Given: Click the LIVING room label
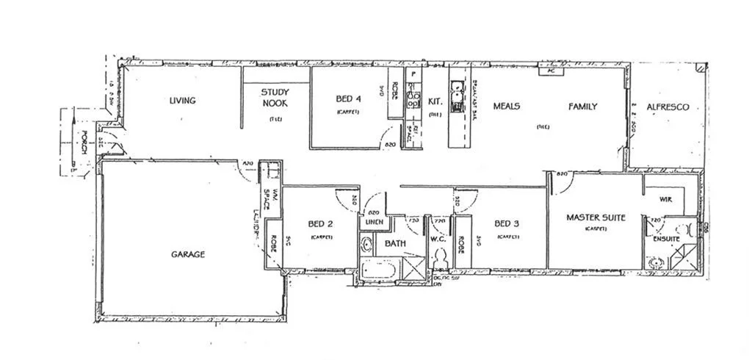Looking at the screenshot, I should (182, 101).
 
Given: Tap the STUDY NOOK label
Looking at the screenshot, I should (275, 98).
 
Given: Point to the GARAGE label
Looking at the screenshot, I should (188, 254).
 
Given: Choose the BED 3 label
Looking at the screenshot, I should (507, 224).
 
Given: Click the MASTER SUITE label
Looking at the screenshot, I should (596, 217).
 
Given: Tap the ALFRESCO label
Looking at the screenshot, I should (668, 107).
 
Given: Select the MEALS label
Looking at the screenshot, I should (506, 107).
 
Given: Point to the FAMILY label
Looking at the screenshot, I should (582, 107).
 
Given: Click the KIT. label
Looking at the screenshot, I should (435, 103).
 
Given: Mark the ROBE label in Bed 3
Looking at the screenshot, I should (461, 242).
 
